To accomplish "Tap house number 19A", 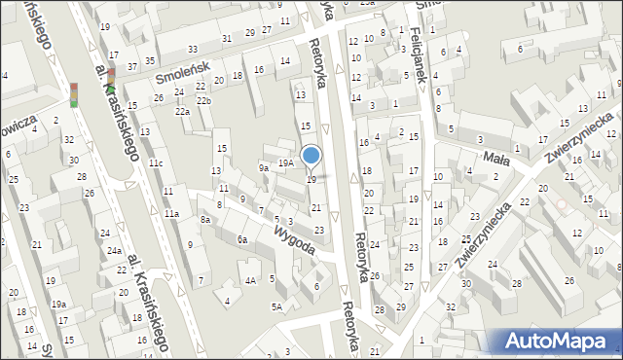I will [x=285, y=163].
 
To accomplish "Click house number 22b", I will [x=203, y=101].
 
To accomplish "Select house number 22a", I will [x=182, y=112].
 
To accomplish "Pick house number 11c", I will [x=156, y=163].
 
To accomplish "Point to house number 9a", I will [x=263, y=168].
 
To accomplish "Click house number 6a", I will [x=241, y=238].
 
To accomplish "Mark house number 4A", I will [x=250, y=281].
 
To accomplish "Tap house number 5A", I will [x=276, y=307].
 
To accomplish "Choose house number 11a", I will [x=171, y=213].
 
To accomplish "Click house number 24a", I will [x=114, y=251].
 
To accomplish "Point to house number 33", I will [x=193, y=50].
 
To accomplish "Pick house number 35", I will [x=150, y=60].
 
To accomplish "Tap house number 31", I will [x=226, y=38].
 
